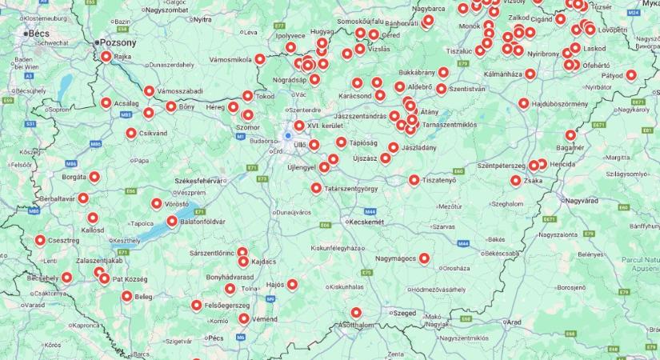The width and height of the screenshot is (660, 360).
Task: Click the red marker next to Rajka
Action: point(106,57)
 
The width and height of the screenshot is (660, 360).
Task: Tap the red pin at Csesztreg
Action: point(40,239)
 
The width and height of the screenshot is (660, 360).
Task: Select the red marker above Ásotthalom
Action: point(356,313)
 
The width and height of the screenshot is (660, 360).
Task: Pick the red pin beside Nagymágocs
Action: point(424,258)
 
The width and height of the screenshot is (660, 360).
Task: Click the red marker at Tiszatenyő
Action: point(414,180)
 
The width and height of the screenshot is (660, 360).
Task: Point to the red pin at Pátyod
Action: point(631,75)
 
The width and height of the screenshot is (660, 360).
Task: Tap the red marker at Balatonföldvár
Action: point(172,221)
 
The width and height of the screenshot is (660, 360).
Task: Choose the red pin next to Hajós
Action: point(293,284)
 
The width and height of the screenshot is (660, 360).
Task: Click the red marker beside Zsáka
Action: point(516,181)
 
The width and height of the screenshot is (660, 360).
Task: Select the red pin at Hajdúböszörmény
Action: point(524,103)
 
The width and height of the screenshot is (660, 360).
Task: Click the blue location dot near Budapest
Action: point(288,136)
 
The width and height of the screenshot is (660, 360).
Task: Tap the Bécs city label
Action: point(39,34)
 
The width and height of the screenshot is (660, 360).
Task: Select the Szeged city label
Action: point(405,313)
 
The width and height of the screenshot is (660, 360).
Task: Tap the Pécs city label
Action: point(215,338)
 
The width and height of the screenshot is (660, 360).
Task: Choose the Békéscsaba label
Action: point(501,253)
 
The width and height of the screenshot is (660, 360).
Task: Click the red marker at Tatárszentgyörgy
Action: point(317,188)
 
